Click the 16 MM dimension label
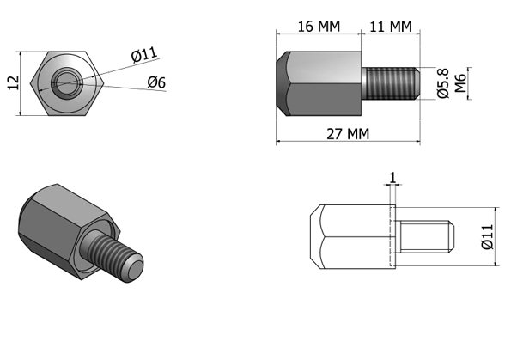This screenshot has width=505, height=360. click(319, 27)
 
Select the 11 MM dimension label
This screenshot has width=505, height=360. click(390, 27)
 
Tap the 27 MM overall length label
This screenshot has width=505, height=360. click(348, 134)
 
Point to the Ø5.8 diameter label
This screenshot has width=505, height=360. click(443, 83)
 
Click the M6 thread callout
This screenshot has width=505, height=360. click(460, 83)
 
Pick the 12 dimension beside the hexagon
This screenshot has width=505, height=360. click(13, 82)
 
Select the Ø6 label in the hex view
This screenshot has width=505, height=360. click(156, 82)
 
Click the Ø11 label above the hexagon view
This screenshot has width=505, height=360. click(145, 54)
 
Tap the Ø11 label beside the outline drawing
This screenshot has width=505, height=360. click(487, 237)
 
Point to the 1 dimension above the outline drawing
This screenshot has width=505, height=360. click(392, 178)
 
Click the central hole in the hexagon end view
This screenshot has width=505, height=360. click(67, 83)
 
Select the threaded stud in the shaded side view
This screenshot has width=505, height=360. click(390, 83)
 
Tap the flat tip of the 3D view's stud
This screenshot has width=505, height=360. click(136, 271)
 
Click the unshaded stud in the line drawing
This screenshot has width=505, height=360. click(425, 237)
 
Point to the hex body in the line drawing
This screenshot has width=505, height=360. click(353, 237)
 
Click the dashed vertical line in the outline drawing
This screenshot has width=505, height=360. click(390, 237)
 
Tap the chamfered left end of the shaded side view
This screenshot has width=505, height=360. click(282, 83)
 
